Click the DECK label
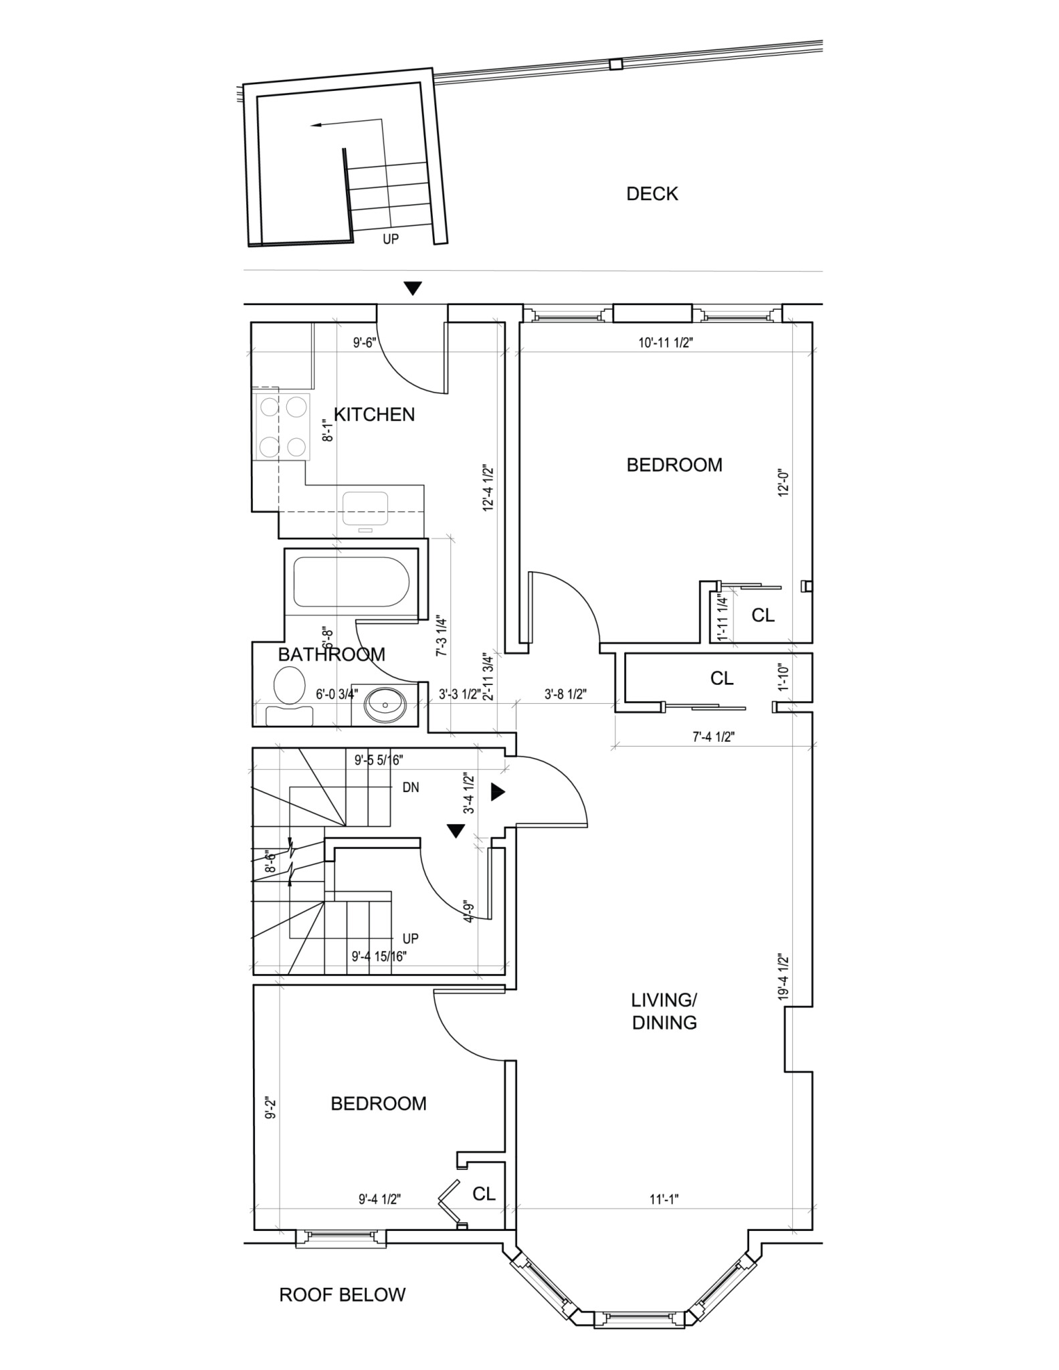coord(652,194)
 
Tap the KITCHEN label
coord(374,415)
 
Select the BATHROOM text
coord(331,654)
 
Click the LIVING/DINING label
coord(664,1011)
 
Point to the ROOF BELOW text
coord(342,1294)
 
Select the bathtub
coord(351,583)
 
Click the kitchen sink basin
coord(365,508)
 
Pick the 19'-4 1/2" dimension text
coord(783,977)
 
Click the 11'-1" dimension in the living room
coord(664,1199)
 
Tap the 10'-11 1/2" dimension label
coord(665,343)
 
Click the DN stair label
coord(411,787)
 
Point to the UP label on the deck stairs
coord(391,239)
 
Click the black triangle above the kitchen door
coord(413,288)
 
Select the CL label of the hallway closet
coord(721,678)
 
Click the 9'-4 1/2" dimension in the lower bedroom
coord(379,1199)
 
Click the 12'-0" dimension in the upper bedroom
coord(783,481)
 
